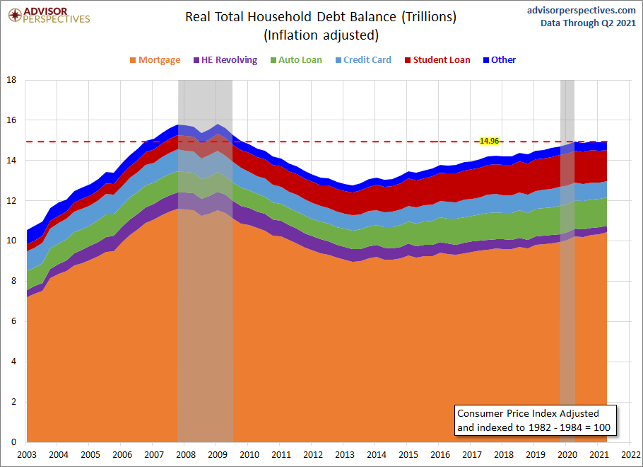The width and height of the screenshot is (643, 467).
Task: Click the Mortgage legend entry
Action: coord(155,60)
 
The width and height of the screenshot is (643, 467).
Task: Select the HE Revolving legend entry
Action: coord(225,60)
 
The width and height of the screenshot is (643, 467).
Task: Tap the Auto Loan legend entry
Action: coord(295,60)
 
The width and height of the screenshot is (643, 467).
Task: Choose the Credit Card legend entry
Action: coord(362,60)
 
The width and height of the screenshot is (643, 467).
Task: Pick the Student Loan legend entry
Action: coord(437,60)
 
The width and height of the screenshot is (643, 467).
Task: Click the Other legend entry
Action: coord(500,60)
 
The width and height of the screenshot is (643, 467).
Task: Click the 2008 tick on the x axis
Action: coord(185,454)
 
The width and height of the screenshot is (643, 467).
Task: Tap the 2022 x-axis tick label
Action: coord(631,454)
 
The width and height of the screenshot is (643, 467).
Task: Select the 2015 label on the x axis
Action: coord(408,454)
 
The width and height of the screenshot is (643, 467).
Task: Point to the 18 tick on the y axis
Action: coord(11,80)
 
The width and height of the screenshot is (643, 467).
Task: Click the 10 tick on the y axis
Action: coord(11,241)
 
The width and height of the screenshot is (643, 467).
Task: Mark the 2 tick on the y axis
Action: coord(13,403)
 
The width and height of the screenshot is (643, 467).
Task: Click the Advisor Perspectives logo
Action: coord(49,15)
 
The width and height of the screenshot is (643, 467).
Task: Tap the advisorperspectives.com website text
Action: coord(582,10)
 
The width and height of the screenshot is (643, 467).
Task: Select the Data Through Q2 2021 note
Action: coord(589,23)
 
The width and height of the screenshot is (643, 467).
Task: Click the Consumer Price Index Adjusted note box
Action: coord(535,420)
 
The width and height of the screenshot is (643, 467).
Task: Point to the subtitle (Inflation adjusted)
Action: coord(321,35)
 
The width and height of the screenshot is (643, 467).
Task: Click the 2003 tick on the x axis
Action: coord(26,454)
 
